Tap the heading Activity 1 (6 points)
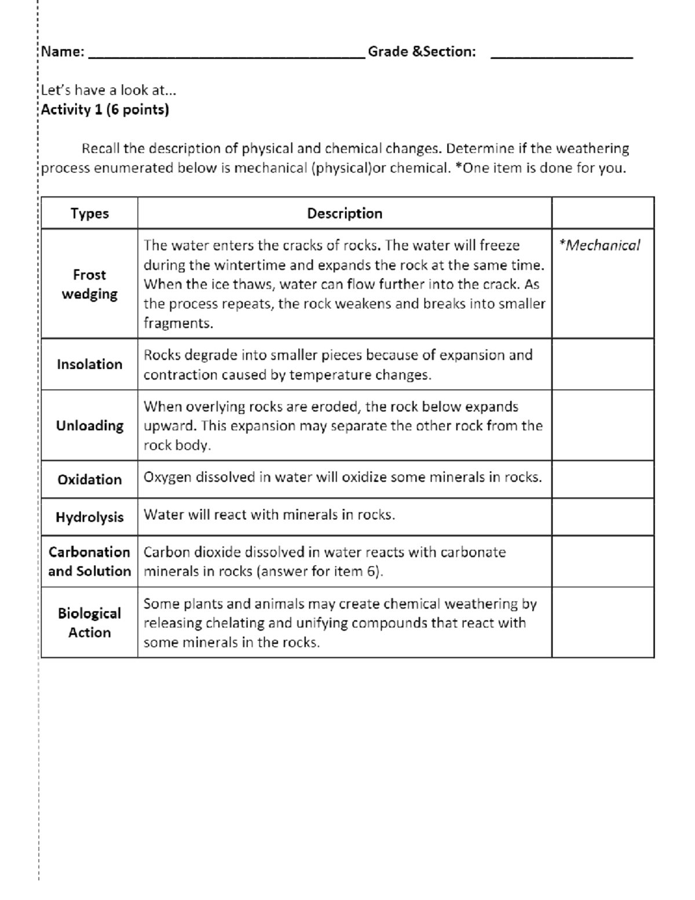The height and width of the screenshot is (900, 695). pyautogui.click(x=105, y=110)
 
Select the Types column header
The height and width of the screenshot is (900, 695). pyautogui.click(x=90, y=213)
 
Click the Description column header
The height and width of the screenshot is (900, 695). pyautogui.click(x=345, y=213)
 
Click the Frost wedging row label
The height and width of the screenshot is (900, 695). pyautogui.click(x=90, y=284)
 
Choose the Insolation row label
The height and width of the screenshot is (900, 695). pyautogui.click(x=90, y=365)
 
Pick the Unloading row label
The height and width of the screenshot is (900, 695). pyautogui.click(x=90, y=426)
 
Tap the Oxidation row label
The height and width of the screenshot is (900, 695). pyautogui.click(x=90, y=480)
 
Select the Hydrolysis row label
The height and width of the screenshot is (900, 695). pyautogui.click(x=90, y=517)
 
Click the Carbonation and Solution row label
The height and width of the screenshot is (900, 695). pyautogui.click(x=90, y=562)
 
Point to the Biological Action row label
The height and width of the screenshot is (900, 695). pyautogui.click(x=90, y=623)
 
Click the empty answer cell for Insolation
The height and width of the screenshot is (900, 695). pyautogui.click(x=602, y=365)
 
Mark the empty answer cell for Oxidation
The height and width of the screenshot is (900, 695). pyautogui.click(x=602, y=480)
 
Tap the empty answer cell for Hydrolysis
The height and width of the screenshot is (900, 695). pyautogui.click(x=602, y=517)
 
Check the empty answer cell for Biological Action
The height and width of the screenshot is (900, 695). pyautogui.click(x=602, y=623)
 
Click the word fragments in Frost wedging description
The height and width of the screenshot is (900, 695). pyautogui.click(x=178, y=323)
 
